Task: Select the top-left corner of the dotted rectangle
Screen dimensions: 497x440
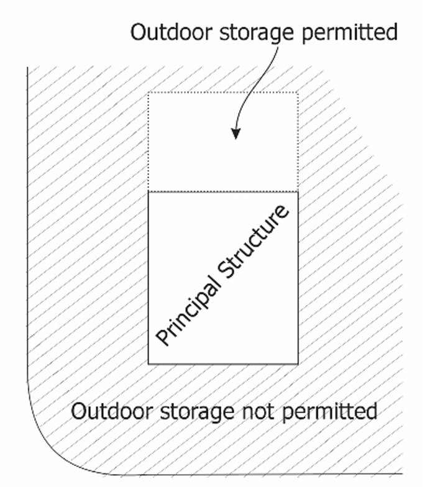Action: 148,93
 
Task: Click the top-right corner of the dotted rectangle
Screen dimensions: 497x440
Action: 298,93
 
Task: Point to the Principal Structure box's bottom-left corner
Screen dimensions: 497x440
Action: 148,363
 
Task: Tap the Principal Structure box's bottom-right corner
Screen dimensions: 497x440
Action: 298,363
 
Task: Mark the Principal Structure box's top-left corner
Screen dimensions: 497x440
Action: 148,192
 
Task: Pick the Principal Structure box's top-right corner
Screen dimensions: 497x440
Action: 298,192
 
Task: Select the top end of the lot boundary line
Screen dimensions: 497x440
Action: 27,67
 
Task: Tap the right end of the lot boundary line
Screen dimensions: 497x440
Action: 402,475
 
